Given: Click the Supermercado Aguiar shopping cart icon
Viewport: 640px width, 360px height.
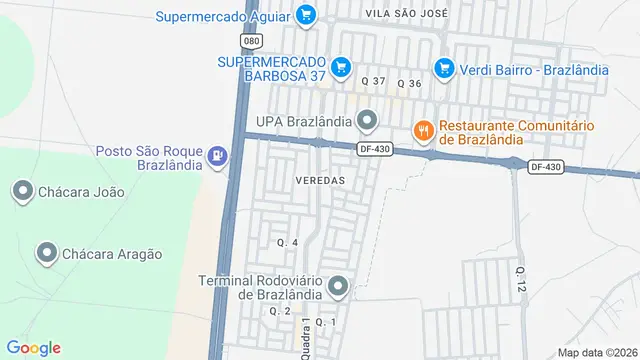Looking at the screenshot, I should coord(307,15).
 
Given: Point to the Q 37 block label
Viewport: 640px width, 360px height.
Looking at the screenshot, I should coord(373,80).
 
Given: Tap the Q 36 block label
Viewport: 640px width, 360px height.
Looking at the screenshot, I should coord(410,83).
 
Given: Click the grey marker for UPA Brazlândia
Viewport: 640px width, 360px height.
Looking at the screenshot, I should coord(367,122).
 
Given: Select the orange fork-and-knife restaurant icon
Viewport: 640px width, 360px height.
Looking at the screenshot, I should coord(424,131).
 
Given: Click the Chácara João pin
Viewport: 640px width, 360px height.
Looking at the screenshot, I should coord(21,190).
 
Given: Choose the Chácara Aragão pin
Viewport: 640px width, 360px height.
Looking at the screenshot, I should coord(45,254).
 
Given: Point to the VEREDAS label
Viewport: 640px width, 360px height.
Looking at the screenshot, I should coord(320,180).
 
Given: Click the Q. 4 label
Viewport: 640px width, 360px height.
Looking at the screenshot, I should coord(287,243).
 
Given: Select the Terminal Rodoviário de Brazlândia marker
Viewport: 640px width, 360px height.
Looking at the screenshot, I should coord(338,287).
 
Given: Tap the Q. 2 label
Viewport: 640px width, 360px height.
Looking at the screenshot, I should coord(279,311).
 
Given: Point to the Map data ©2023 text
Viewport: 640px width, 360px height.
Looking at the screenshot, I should coord(597,352).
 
